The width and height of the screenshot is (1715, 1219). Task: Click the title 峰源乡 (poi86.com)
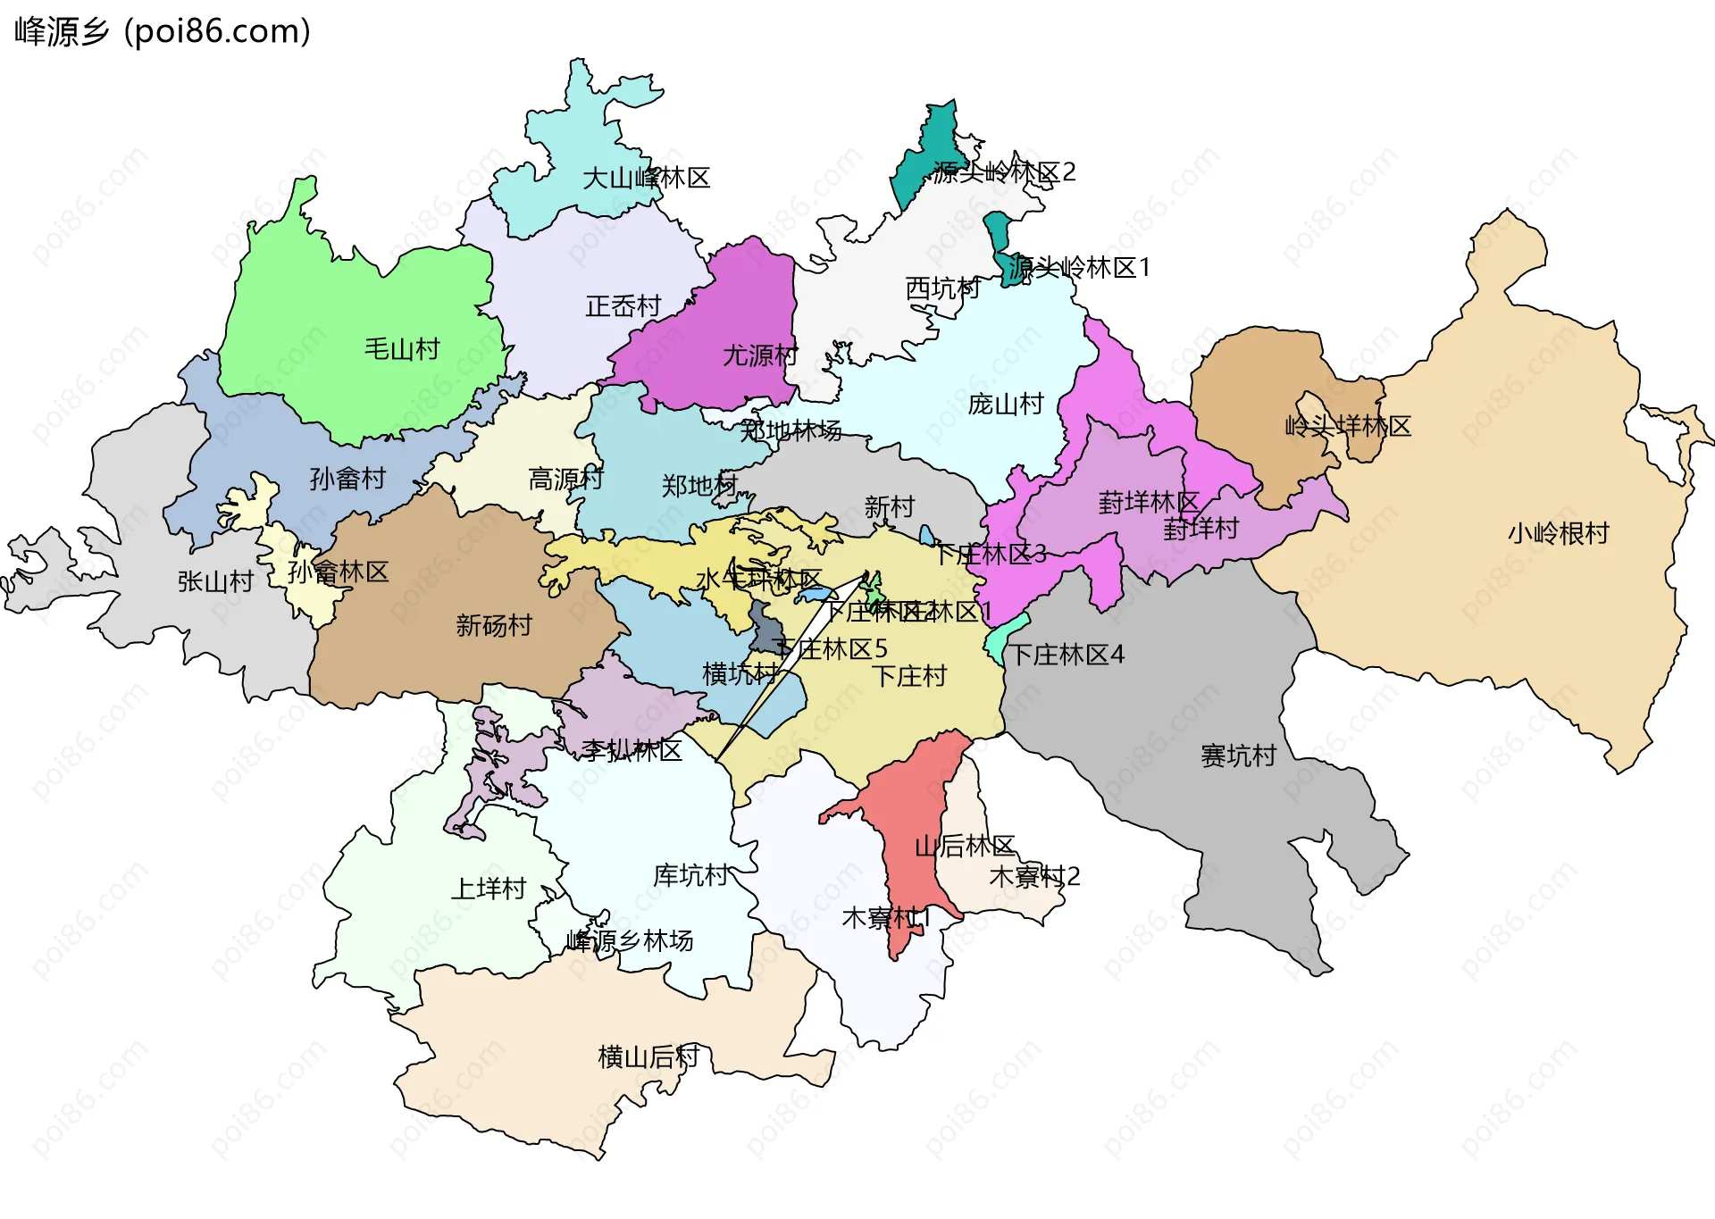pyautogui.click(x=163, y=31)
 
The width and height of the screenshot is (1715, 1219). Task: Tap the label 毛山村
pyautogui.click(x=402, y=348)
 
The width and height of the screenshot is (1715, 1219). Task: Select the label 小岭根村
pyautogui.click(x=1559, y=533)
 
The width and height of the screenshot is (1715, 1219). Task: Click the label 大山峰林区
pyautogui.click(x=646, y=178)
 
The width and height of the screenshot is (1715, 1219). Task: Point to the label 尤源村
pyautogui.click(x=760, y=355)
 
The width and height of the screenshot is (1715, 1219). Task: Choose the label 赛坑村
pyautogui.click(x=1239, y=756)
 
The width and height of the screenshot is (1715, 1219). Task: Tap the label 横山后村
pyautogui.click(x=648, y=1056)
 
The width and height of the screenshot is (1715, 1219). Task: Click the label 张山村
pyautogui.click(x=215, y=581)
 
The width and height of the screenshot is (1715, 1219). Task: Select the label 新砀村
pyautogui.click(x=494, y=624)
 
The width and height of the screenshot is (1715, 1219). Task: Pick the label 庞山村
pyautogui.click(x=1006, y=404)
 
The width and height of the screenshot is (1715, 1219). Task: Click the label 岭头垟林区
pyautogui.click(x=1348, y=426)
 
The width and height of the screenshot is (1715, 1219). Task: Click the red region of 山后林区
pyautogui.click(x=911, y=804)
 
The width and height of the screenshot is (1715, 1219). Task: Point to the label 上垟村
pyautogui.click(x=489, y=889)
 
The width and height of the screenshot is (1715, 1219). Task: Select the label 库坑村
pyautogui.click(x=690, y=874)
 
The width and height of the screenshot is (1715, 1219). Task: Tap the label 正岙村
pyautogui.click(x=623, y=306)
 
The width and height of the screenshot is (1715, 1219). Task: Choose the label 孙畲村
pyautogui.click(x=347, y=479)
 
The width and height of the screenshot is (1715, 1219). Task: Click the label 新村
pyautogui.click(x=890, y=507)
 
